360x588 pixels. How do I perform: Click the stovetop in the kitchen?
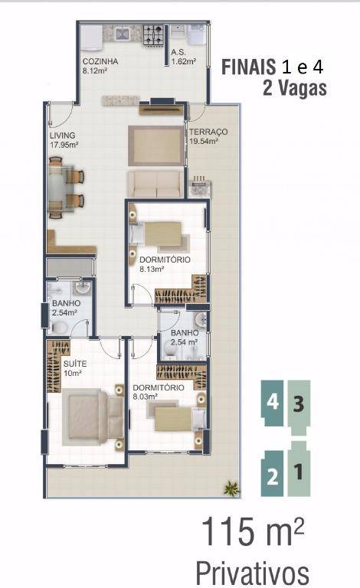153,34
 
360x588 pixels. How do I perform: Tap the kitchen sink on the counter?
123,34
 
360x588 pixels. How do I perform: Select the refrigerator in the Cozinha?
91,37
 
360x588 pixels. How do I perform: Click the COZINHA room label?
100,61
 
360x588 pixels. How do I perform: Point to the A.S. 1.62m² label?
183,57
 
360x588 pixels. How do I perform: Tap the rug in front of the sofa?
156,146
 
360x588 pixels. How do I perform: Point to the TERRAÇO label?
208,132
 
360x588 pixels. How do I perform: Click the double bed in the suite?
93,417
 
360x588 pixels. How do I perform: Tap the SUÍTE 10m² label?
75,368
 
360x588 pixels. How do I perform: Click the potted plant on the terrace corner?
231,488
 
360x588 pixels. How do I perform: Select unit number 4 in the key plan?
273,403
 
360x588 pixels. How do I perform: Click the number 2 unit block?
273,474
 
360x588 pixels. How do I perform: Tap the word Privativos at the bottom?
252,573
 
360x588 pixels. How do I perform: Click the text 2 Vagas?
295,88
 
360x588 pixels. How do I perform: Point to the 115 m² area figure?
253,531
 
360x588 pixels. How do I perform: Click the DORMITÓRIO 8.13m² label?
165,264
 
